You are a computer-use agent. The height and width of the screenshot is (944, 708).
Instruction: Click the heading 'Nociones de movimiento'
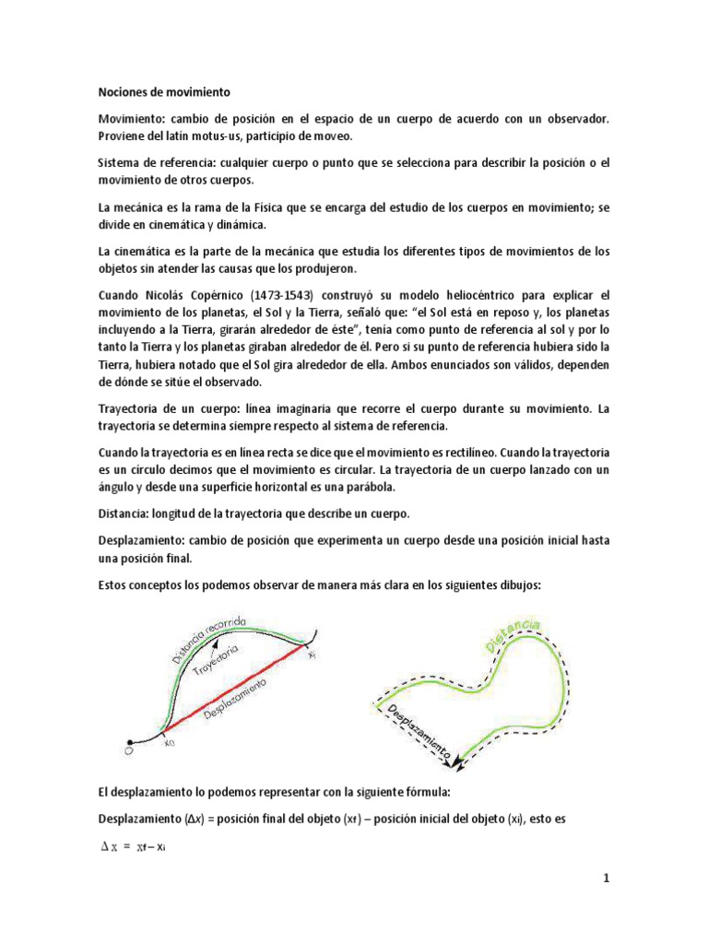click(165, 93)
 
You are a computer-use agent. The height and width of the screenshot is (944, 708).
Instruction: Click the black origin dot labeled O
click(128, 740)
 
